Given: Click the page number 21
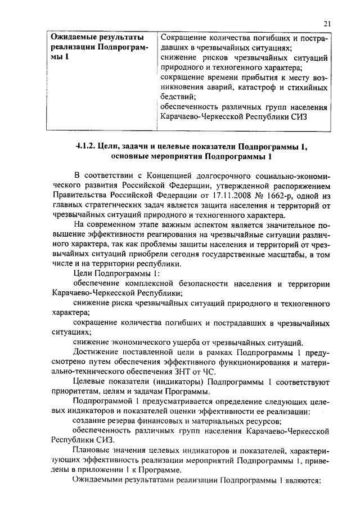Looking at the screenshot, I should point(327,23).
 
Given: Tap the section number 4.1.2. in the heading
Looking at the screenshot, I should point(86,146).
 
